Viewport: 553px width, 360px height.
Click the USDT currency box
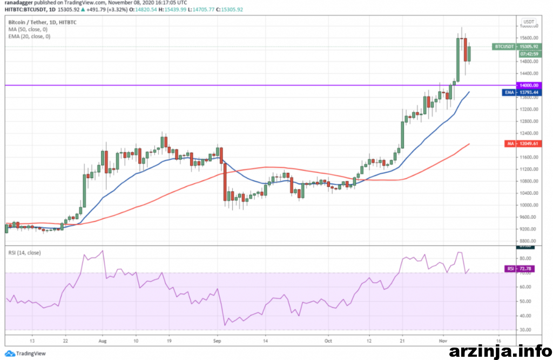529,22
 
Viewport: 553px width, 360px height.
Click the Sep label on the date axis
218,341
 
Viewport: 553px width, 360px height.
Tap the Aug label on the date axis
103,341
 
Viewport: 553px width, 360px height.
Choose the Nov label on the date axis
443,341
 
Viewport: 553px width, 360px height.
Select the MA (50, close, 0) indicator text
29,29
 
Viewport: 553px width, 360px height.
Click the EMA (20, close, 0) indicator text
29,36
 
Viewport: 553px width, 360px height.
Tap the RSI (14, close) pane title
24,253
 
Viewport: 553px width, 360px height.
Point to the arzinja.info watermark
496,351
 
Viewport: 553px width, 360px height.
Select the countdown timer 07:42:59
528,54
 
